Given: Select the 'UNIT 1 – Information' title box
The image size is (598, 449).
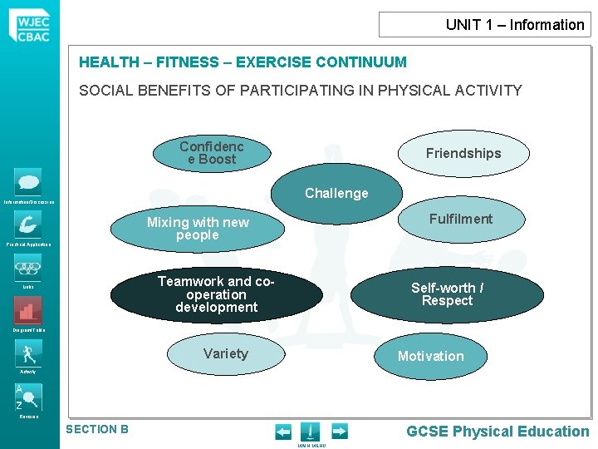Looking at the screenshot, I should pyautogui.click(x=484, y=24).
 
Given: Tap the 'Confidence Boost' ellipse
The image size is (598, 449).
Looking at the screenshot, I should pyautogui.click(x=212, y=153).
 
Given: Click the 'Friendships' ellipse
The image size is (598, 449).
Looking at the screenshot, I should pyautogui.click(x=463, y=153).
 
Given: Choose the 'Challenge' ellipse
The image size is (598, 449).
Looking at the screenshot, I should pyautogui.click(x=336, y=194).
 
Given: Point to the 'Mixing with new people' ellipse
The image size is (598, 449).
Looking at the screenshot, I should pyautogui.click(x=198, y=229).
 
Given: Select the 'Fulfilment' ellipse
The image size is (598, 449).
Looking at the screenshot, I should pyautogui.click(x=461, y=220).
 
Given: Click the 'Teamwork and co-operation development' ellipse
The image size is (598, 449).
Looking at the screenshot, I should pyautogui.click(x=216, y=295).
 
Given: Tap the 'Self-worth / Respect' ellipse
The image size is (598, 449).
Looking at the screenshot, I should pyautogui.click(x=448, y=294).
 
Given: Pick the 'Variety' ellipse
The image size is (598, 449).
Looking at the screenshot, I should pyautogui.click(x=225, y=354).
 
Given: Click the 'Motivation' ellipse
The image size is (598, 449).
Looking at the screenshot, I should pyautogui.click(x=430, y=357).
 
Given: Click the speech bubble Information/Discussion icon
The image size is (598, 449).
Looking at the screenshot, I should pyautogui.click(x=27, y=182).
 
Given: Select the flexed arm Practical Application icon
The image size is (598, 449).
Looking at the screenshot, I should pyautogui.click(x=27, y=224).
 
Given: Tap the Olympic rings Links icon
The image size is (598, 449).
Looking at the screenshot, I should pyautogui.click(x=27, y=268).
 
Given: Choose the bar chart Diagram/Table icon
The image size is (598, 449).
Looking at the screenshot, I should pyautogui.click(x=27, y=311).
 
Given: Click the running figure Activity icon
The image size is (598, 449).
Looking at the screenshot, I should pyautogui.click(x=27, y=353).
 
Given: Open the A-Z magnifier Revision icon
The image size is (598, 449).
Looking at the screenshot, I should pyautogui.click(x=27, y=397).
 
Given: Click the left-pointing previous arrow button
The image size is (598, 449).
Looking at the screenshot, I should pyautogui.click(x=283, y=431).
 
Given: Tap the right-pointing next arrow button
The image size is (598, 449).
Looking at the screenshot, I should pyautogui.click(x=339, y=431).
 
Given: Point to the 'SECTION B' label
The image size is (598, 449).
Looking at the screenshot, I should pyautogui.click(x=97, y=429).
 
